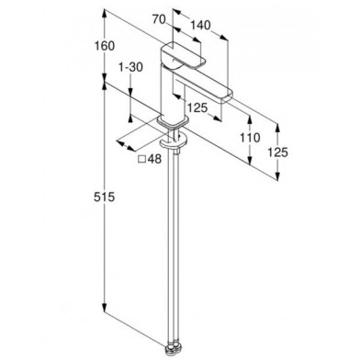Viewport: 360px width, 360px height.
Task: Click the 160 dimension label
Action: [105, 46]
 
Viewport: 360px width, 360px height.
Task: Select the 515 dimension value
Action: [104, 197]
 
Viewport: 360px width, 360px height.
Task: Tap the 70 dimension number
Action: [159, 19]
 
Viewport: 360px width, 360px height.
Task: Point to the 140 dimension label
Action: [200, 25]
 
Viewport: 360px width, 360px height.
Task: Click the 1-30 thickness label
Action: [130, 67]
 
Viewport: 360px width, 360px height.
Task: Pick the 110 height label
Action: [250, 138]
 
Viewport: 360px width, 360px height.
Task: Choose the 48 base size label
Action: [154, 159]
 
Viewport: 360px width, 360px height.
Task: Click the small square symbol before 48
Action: [141, 159]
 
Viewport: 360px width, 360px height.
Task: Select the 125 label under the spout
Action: [197, 107]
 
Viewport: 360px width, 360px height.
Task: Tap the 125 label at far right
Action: [278, 152]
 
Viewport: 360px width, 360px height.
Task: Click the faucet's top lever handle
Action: [184, 55]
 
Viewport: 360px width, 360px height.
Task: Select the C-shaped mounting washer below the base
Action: [174, 141]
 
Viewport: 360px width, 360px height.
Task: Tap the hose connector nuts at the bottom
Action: [174, 349]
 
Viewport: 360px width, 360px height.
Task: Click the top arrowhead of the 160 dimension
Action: [105, 14]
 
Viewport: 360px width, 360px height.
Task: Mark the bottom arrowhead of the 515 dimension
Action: [105, 308]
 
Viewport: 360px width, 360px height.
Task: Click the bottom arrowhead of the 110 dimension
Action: [250, 161]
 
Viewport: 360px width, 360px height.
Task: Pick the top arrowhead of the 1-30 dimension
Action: [130, 93]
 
